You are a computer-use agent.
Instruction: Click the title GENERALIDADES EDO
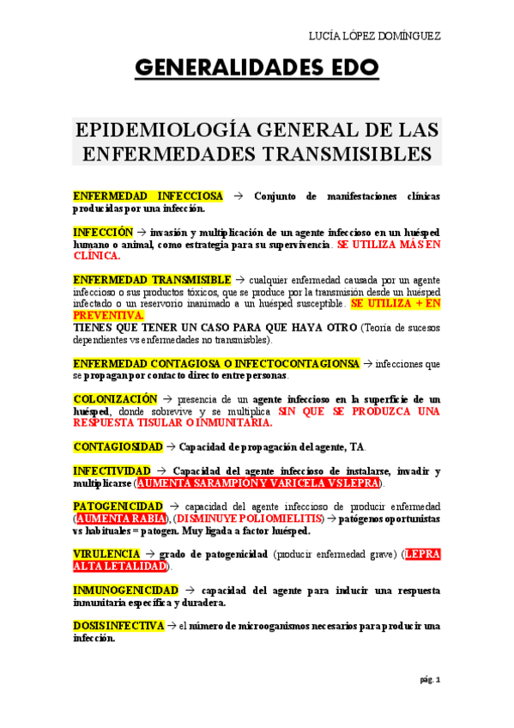point(257,69)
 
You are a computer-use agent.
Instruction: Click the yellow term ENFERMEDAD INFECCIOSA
point(148,197)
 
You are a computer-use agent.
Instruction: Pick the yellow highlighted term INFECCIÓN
point(103,233)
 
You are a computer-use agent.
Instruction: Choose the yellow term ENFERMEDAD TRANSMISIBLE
point(152,280)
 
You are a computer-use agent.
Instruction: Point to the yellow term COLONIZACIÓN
point(115,399)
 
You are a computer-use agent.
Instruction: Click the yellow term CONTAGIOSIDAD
point(118,447)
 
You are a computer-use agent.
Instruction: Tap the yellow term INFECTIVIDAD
point(112,471)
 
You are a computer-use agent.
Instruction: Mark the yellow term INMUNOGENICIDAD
point(125,591)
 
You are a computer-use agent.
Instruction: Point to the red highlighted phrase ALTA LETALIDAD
point(121,567)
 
